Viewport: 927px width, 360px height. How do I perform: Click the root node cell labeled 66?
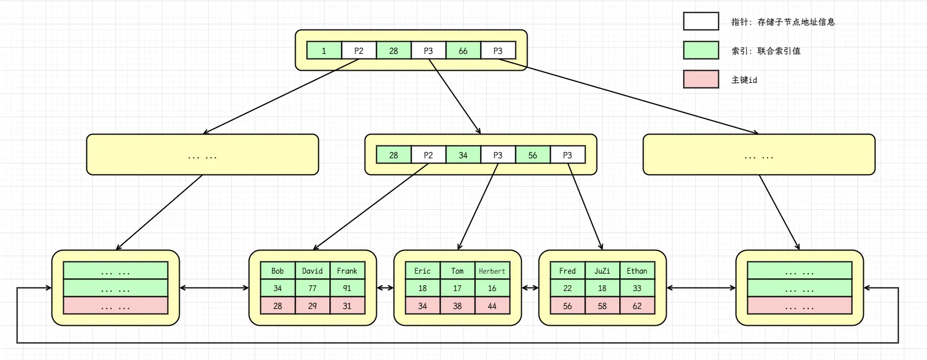point(463,50)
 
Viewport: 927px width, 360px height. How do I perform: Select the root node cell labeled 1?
point(323,50)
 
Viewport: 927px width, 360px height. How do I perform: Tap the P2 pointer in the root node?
point(358,50)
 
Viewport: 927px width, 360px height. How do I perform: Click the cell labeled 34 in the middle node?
point(463,155)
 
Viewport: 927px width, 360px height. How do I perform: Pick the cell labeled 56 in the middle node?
point(532,155)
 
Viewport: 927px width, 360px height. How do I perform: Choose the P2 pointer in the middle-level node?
point(428,155)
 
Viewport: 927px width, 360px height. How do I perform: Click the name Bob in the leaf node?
point(277,271)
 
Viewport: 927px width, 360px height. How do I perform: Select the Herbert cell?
point(492,271)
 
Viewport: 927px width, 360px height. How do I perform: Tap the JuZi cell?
point(602,271)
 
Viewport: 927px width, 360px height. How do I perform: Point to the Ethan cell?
point(637,271)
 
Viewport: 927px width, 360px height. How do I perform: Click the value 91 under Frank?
point(347,288)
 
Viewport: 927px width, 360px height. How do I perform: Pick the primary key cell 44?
point(492,306)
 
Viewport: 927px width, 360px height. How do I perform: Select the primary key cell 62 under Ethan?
point(637,306)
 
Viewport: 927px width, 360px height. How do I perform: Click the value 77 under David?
point(312,288)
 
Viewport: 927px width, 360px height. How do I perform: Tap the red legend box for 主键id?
point(700,79)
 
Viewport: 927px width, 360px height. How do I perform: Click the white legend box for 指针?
point(700,21)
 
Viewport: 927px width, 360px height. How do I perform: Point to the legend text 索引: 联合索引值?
point(765,50)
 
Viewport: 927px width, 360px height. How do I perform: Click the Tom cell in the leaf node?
point(457,271)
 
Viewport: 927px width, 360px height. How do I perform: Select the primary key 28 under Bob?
point(277,306)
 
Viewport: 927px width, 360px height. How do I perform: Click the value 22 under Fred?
point(567,288)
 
